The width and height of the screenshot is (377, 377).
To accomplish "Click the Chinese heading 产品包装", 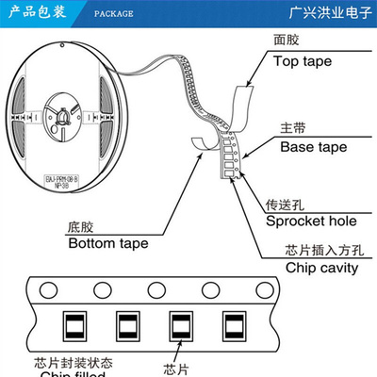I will pos(37,14).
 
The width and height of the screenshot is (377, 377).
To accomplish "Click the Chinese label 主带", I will pos(293,126).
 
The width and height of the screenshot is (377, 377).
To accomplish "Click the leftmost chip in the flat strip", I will pos(72,326).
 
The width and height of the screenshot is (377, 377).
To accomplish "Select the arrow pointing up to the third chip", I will pos(175,351).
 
